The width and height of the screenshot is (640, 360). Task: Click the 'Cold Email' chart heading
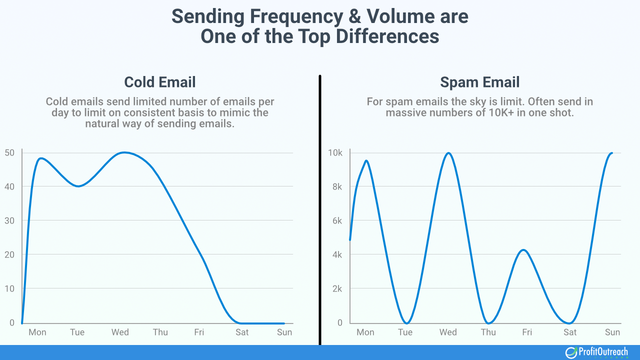click(160, 82)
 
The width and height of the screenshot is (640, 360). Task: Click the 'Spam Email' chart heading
click(479, 82)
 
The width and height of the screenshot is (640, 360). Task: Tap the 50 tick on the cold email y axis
click(10, 152)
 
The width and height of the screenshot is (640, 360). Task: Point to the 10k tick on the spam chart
click(334, 152)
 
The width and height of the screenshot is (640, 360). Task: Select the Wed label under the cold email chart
click(120, 332)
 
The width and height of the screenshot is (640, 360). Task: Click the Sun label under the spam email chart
click(612, 332)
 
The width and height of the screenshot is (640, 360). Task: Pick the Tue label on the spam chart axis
click(405, 332)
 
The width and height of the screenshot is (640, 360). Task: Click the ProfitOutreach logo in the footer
click(596, 352)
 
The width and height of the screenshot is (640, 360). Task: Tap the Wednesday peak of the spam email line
click(448, 153)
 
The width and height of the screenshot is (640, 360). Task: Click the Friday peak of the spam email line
click(523, 249)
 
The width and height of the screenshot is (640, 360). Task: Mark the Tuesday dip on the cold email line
click(78, 186)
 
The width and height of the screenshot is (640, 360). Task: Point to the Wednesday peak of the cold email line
click(124, 152)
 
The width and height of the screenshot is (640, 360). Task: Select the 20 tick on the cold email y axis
click(10, 254)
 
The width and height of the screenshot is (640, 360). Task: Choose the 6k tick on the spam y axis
click(335, 220)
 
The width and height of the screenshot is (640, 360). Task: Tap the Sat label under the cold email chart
click(242, 332)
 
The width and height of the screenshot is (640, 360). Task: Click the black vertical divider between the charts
click(319, 210)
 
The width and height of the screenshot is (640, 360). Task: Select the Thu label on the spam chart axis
click(488, 332)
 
